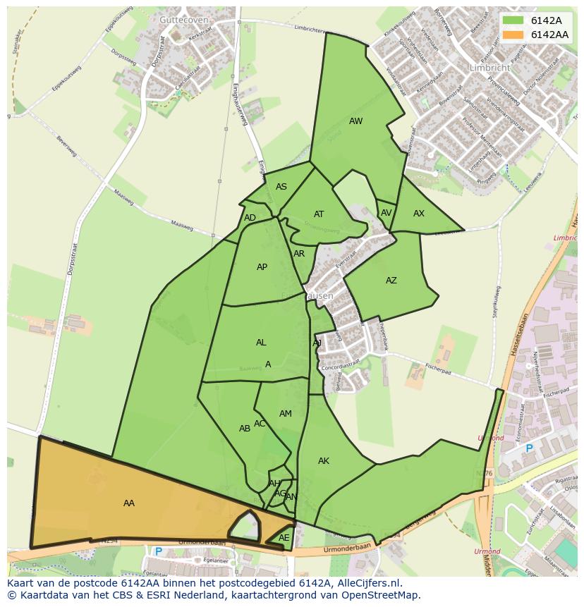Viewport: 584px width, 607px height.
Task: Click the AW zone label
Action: (x=355, y=121)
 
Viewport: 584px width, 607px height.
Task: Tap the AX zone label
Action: (x=419, y=214)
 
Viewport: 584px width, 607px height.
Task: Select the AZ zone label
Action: (x=391, y=281)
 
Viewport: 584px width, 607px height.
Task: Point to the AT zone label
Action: (x=319, y=214)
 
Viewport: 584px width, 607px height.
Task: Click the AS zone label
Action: (x=281, y=187)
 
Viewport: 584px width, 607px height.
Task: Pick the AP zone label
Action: (x=262, y=267)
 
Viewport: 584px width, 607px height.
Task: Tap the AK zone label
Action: (x=324, y=461)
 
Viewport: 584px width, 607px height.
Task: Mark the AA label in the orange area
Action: (x=129, y=503)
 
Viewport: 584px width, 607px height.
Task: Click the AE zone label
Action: (x=284, y=538)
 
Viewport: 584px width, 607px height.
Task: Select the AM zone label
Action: (x=286, y=414)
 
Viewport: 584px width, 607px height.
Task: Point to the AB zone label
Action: (x=245, y=429)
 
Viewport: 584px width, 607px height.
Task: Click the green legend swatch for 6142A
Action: (x=513, y=21)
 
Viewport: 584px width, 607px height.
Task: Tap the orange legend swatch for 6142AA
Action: (x=513, y=35)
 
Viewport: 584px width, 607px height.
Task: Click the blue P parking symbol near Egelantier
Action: (x=159, y=551)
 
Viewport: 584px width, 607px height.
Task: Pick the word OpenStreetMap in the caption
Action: (x=382, y=595)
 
